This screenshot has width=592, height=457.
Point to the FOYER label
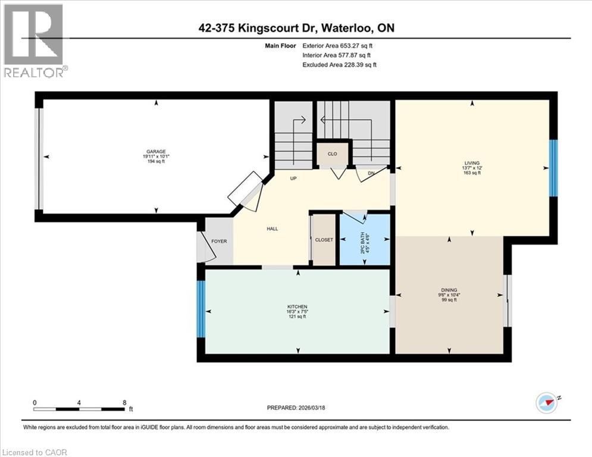click(x=219, y=241)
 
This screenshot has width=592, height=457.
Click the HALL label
click(x=272, y=228)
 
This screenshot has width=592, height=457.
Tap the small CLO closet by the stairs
click(x=332, y=154)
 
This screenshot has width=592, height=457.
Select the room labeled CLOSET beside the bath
click(x=324, y=239)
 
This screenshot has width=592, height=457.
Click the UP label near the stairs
click(x=293, y=178)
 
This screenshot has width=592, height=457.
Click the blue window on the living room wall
click(x=553, y=168)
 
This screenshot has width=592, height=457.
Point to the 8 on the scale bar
click(x=124, y=402)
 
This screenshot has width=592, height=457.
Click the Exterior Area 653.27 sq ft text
click(x=339, y=45)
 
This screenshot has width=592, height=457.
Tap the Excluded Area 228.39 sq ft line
click(x=339, y=64)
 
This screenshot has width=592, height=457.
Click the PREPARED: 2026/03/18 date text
click(x=297, y=408)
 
